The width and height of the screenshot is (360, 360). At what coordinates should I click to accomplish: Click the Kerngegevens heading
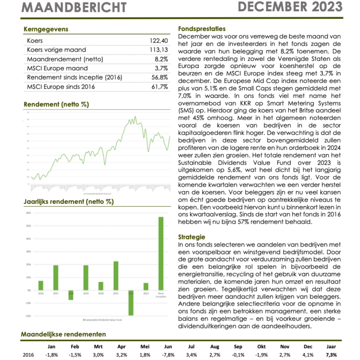pyautogui.click(x=46, y=29)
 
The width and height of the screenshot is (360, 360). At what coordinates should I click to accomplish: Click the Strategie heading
pyautogui.click(x=193, y=237)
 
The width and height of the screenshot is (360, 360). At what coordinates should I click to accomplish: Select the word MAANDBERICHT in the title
pyautogui.click(x=74, y=8)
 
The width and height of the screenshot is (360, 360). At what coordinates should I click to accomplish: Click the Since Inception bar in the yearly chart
pyautogui.click(x=161, y=253)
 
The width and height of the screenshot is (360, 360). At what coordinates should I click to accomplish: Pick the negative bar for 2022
pyautogui.click(x=131, y=302)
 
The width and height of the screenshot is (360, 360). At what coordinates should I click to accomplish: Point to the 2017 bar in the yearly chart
pyautogui.click(x=56, y=277)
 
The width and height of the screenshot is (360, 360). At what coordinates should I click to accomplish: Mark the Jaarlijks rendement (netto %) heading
pyautogui.click(x=68, y=202)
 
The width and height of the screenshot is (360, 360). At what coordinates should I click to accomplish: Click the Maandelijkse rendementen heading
pyautogui.click(x=63, y=334)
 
